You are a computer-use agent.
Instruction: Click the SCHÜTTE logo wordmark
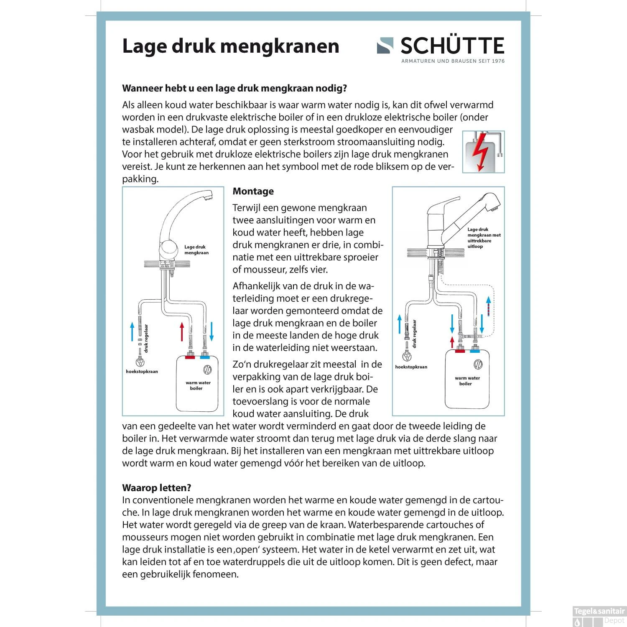click(x=451, y=46)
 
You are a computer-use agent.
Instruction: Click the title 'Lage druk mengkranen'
click(x=230, y=46)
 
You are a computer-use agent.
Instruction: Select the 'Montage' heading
click(x=253, y=191)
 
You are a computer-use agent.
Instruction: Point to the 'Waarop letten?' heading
click(x=156, y=488)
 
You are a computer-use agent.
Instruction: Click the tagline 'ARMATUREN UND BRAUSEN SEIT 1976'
click(x=453, y=61)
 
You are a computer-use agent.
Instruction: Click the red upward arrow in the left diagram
click(x=182, y=331)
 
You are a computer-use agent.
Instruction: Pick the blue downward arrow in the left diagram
click(x=212, y=331)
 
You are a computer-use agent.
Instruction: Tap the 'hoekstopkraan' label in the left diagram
click(x=142, y=372)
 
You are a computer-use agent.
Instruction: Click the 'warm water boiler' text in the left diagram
click(x=198, y=385)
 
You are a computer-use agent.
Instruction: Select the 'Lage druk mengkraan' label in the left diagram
click(x=196, y=250)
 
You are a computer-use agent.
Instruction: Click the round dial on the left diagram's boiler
click(x=207, y=370)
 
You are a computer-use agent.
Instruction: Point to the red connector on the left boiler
click(x=190, y=357)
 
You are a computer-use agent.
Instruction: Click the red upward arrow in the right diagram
click(x=452, y=342)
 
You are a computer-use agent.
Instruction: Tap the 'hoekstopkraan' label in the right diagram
click(x=411, y=367)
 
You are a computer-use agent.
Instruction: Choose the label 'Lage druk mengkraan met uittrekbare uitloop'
click(x=484, y=238)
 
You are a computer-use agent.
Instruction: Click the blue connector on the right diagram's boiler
click(x=475, y=352)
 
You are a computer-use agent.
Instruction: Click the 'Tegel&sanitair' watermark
click(x=599, y=611)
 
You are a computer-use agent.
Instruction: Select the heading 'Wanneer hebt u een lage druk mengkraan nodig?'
click(x=234, y=89)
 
